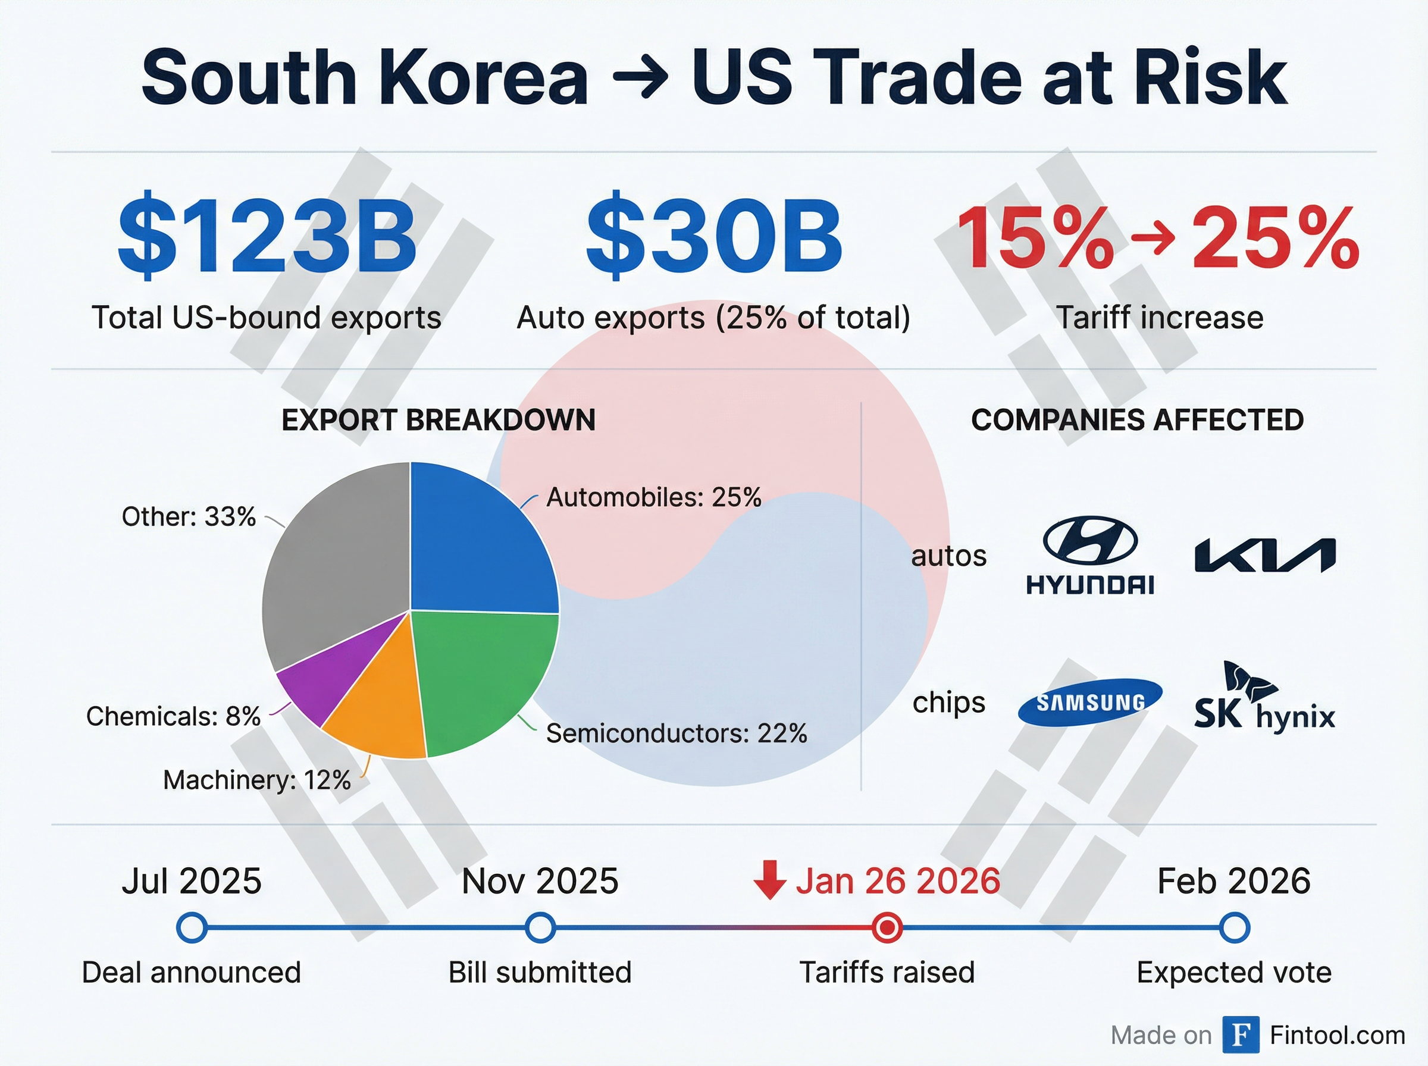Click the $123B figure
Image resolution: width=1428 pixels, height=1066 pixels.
point(267,236)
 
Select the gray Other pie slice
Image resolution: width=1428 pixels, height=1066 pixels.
point(336,568)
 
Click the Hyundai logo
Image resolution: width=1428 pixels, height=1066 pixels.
point(1091,555)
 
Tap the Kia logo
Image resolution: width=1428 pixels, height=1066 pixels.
point(1265,556)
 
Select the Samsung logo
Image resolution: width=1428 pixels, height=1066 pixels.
point(1091,702)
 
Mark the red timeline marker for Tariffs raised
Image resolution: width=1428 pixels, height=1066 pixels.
point(887,928)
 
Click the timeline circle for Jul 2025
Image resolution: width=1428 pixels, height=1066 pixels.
point(192,928)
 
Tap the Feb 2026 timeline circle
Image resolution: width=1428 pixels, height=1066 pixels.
point(1235,928)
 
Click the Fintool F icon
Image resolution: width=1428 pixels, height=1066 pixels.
point(1240,1035)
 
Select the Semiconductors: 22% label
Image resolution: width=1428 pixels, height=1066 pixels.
point(677,733)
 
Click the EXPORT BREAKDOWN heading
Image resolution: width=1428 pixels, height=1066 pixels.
point(438,420)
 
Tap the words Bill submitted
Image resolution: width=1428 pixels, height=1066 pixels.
point(540,973)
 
